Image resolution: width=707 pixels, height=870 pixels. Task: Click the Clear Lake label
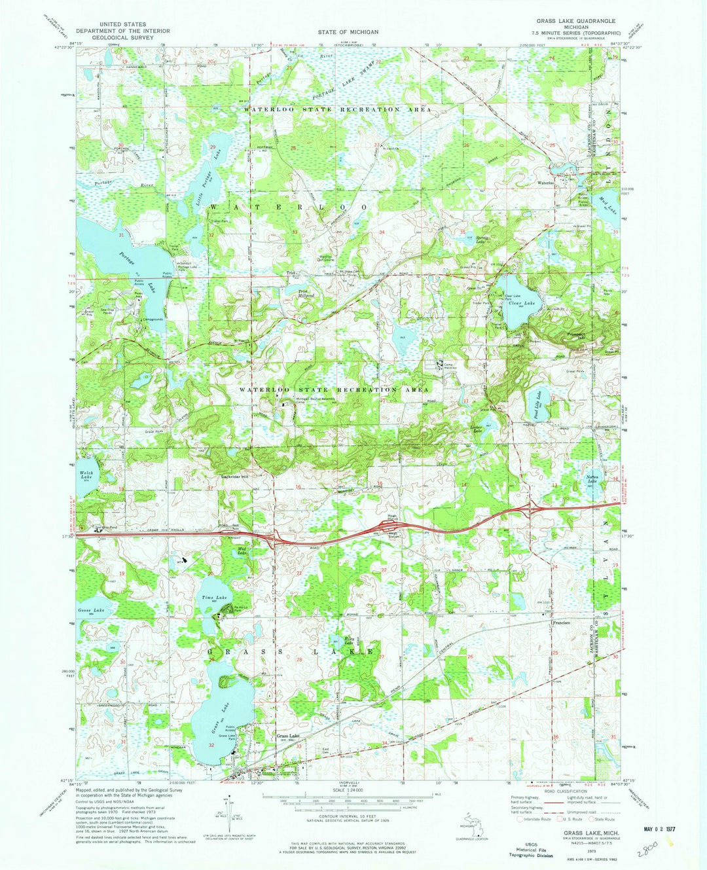[524, 303]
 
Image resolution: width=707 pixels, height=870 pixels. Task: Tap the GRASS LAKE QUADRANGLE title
[575, 21]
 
